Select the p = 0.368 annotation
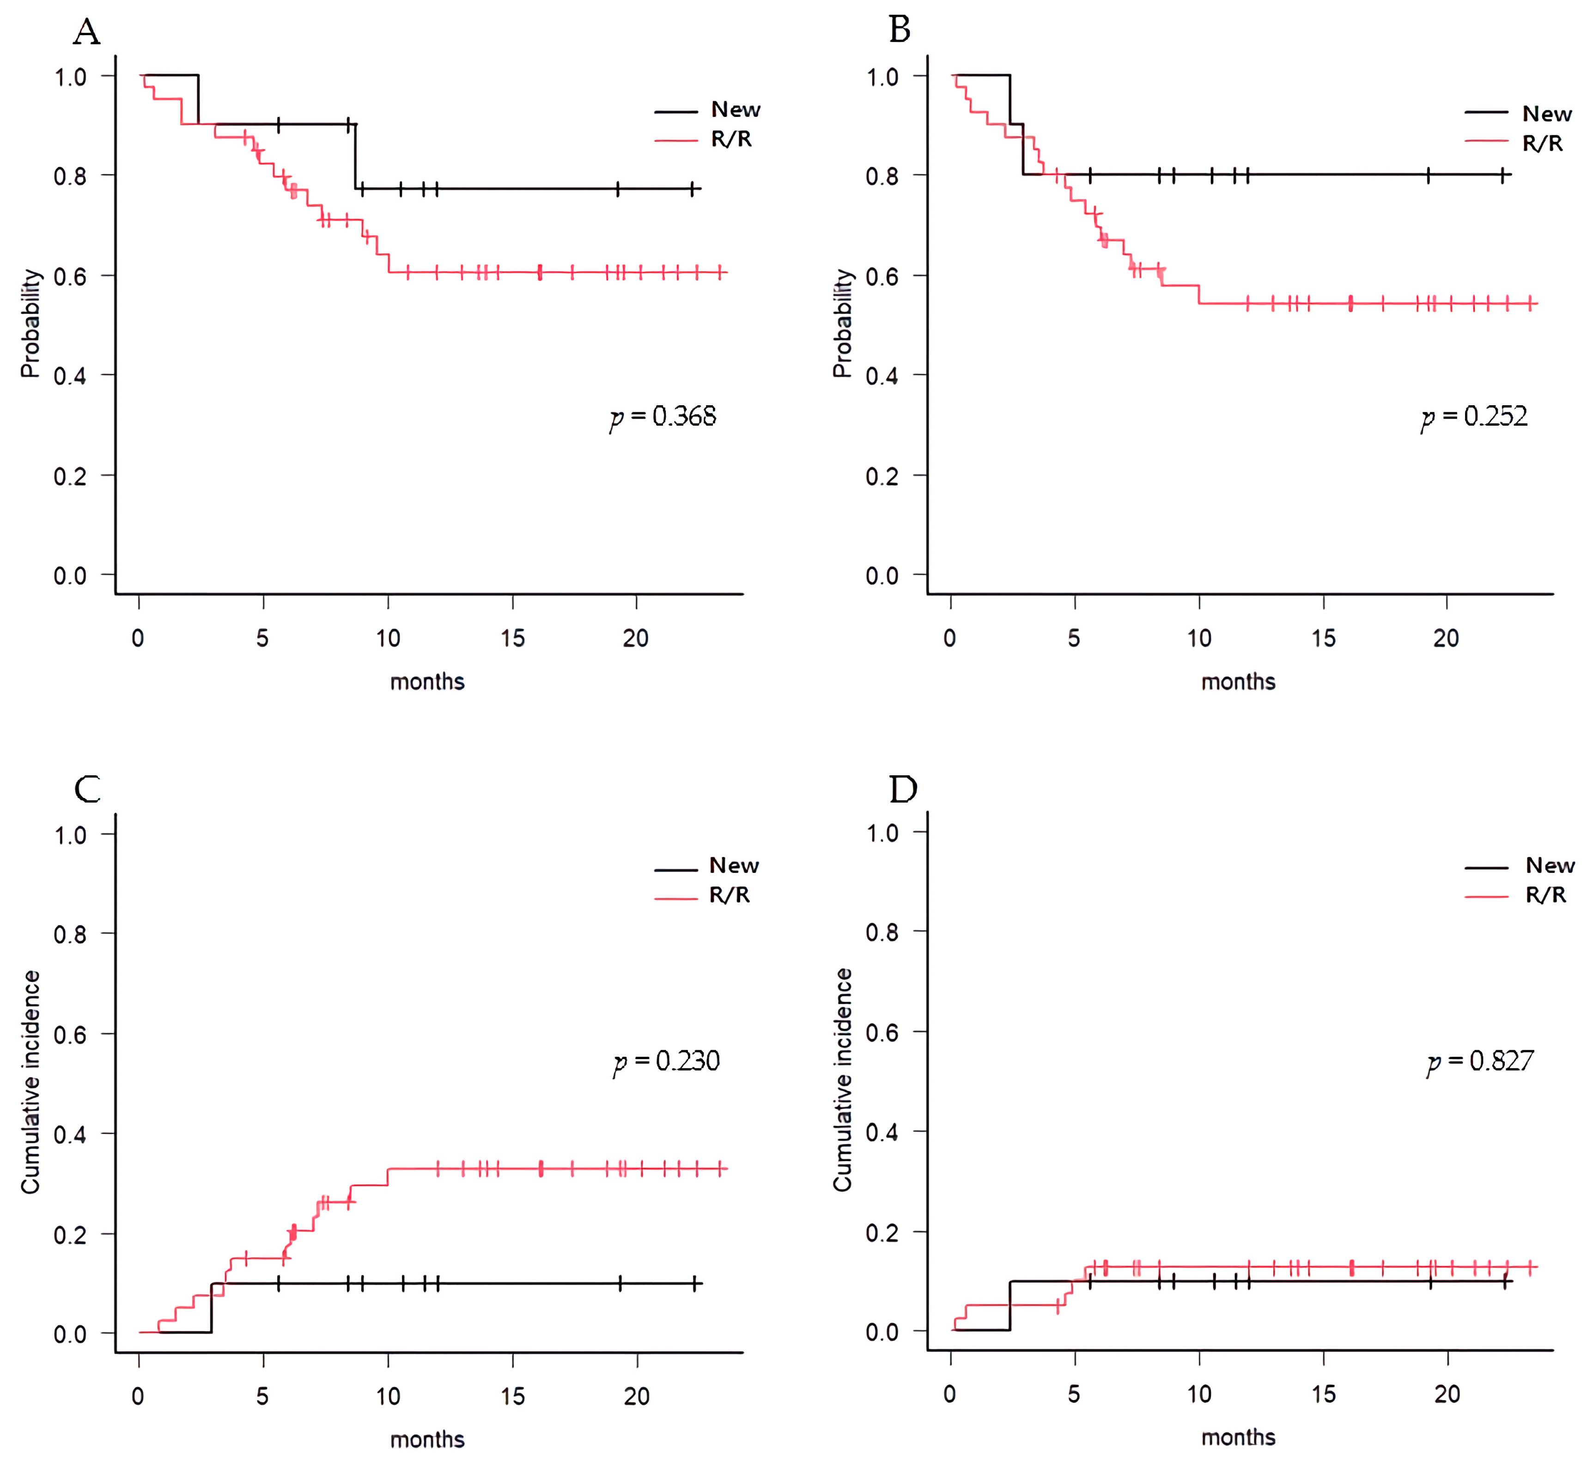tap(663, 417)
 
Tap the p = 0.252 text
tap(1474, 417)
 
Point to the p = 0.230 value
tap(667, 1061)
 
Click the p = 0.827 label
tap(1480, 1061)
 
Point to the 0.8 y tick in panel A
tap(70, 176)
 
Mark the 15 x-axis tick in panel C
tap(512, 1396)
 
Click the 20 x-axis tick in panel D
tap(1447, 1394)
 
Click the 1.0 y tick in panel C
tap(70, 835)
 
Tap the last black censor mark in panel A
tap(692, 189)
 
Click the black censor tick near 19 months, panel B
tap(1429, 175)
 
